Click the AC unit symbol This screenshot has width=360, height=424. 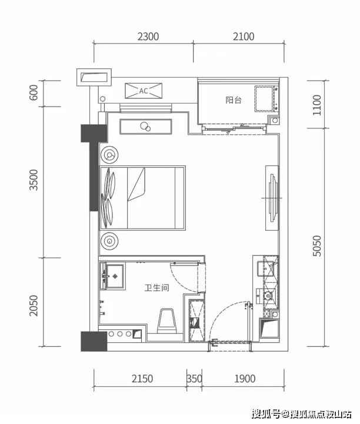click(144, 91)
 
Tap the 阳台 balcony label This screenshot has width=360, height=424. click(234, 100)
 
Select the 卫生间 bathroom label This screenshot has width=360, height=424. click(157, 287)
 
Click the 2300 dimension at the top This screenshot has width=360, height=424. click(148, 37)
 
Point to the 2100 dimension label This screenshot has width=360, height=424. click(244, 37)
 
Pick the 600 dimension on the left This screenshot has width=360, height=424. click(34, 92)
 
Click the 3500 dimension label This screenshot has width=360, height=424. click(34, 180)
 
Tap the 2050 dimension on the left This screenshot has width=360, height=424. click(34, 306)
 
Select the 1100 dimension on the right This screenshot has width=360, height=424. click(317, 105)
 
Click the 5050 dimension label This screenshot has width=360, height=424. click(317, 246)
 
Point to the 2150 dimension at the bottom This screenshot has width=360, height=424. click(142, 379)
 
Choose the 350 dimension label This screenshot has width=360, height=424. click(195, 379)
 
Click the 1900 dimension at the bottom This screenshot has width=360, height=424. click(245, 379)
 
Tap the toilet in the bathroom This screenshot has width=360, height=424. click(167, 321)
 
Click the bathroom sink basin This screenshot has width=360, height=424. click(115, 276)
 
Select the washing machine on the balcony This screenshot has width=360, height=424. click(266, 99)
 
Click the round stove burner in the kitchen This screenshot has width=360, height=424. click(268, 296)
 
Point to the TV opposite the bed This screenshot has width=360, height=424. click(272, 198)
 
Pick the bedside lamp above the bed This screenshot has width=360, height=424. click(109, 155)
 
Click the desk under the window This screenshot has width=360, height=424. click(146, 127)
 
